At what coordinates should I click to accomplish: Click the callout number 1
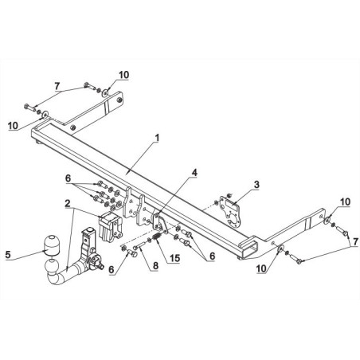click(157, 138)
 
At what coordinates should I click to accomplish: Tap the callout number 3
click(256, 185)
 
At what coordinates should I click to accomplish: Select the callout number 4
click(194, 173)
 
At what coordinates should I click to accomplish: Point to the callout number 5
click(8, 254)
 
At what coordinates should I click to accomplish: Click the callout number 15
click(175, 258)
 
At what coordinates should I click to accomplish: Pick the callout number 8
click(155, 265)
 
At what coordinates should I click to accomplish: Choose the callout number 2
click(68, 204)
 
